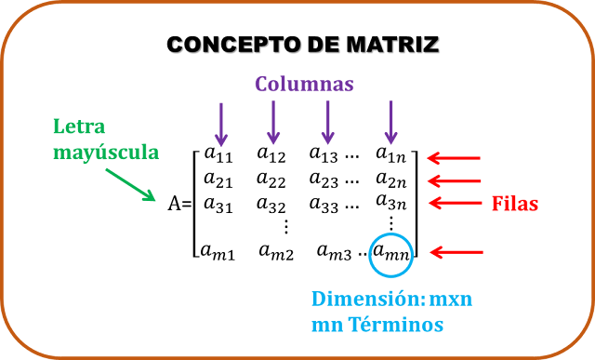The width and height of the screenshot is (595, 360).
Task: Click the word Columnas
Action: (305, 84)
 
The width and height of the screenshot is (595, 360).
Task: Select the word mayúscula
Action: (106, 151)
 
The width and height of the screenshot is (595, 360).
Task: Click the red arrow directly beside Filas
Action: (456, 203)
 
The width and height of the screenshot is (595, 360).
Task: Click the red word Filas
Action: (515, 204)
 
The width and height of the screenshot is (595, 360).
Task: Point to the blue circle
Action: (391, 254)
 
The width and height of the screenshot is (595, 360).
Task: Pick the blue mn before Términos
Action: (325, 327)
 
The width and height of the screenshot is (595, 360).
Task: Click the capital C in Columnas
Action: (262, 84)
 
